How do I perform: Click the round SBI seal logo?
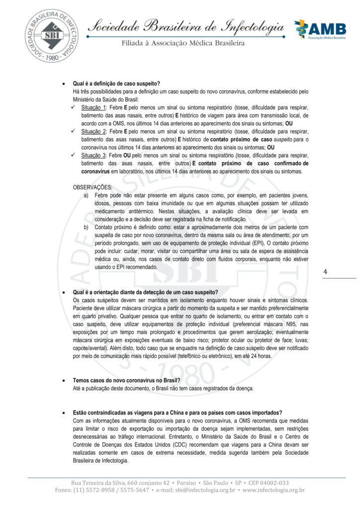(x=52, y=36)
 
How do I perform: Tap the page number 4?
(x=325, y=272)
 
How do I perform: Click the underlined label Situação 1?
(x=93, y=108)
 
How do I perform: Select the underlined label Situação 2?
(x=93, y=132)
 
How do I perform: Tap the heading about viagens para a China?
(x=178, y=413)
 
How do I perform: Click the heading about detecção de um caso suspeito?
(x=145, y=292)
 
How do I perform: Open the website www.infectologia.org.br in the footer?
(x=274, y=491)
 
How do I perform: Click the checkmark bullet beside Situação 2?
(x=75, y=132)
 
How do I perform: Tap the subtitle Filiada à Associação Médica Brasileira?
(x=183, y=43)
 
